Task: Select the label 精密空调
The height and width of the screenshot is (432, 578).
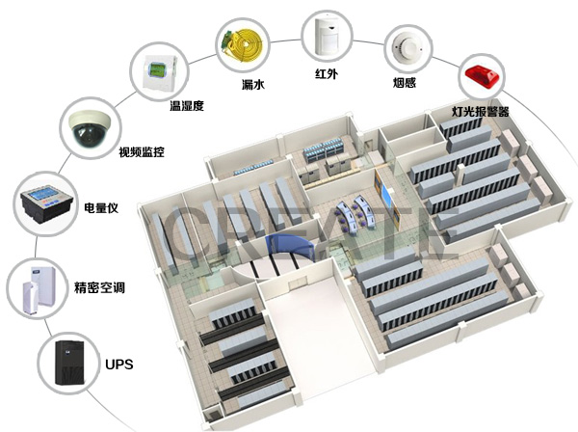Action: click(x=100, y=288)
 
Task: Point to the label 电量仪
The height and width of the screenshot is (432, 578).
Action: click(x=101, y=207)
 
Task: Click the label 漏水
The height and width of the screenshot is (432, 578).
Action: click(x=253, y=85)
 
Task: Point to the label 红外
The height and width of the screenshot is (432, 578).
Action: click(x=327, y=75)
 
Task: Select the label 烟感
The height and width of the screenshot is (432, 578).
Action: click(x=406, y=84)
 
